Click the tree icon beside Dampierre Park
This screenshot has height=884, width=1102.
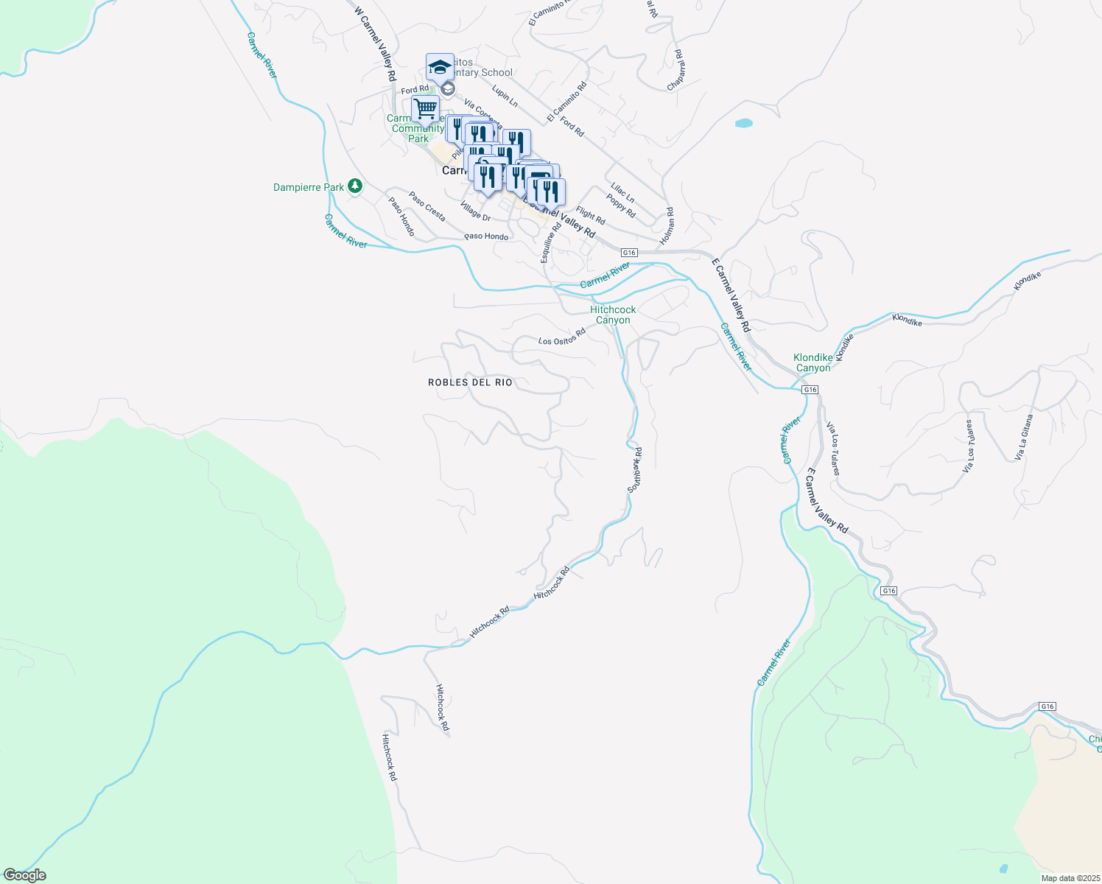pyautogui.click(x=355, y=186)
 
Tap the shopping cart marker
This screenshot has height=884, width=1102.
pyautogui.click(x=425, y=109)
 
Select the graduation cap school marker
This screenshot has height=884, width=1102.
pyautogui.click(x=440, y=67)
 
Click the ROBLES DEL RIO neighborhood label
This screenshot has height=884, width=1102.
pyautogui.click(x=470, y=382)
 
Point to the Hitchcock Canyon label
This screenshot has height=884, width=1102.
pyautogui.click(x=613, y=315)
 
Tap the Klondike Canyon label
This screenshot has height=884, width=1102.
pyautogui.click(x=813, y=362)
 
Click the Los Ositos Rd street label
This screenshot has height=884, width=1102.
pyautogui.click(x=561, y=337)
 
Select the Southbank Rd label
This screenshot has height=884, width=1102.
pyautogui.click(x=635, y=469)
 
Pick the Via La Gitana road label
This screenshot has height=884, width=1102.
pyautogui.click(x=1023, y=438)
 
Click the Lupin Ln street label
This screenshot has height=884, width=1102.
pyautogui.click(x=505, y=97)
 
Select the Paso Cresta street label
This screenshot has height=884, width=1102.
pyautogui.click(x=427, y=207)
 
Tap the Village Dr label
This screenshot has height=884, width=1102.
pyautogui.click(x=475, y=211)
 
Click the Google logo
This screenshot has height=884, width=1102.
pyautogui.click(x=24, y=875)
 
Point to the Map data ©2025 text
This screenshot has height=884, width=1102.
pyautogui.click(x=1070, y=878)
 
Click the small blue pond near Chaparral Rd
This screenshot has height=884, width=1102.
pyautogui.click(x=744, y=123)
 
